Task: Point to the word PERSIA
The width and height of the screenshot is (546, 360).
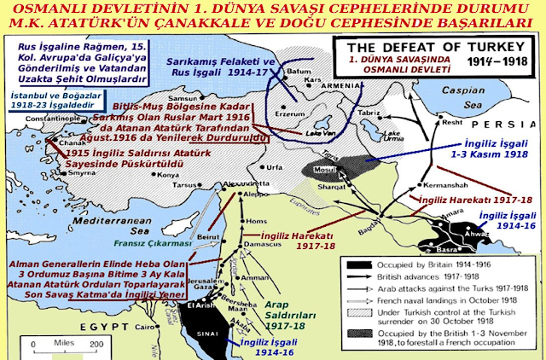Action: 507,119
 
